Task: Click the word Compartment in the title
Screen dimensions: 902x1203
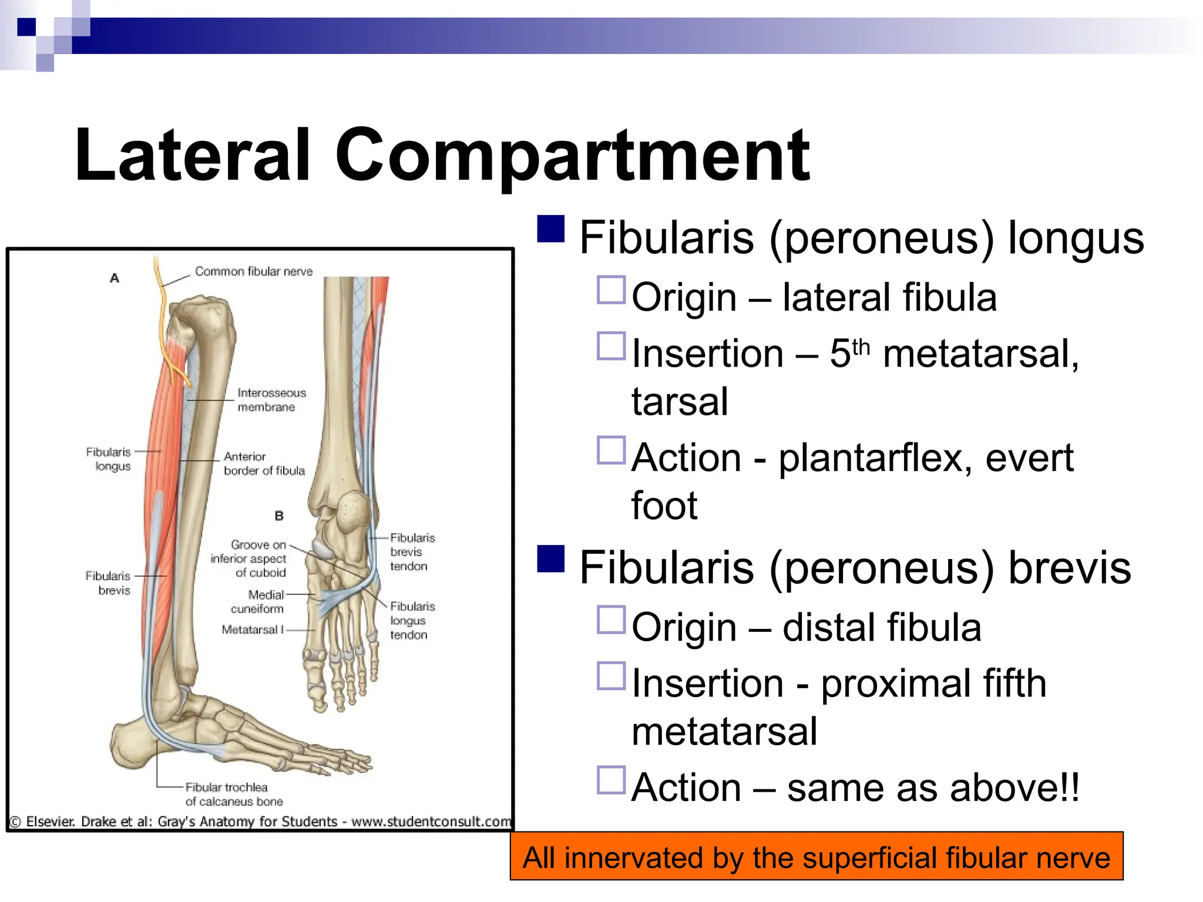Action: [x=573, y=156]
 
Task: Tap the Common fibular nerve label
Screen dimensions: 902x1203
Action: [x=254, y=271]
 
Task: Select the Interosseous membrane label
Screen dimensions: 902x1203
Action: [x=271, y=400]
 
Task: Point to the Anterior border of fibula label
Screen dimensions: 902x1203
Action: [x=264, y=464]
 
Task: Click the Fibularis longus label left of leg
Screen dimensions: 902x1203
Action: [x=109, y=459]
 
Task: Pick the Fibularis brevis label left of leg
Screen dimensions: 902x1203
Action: [x=109, y=583]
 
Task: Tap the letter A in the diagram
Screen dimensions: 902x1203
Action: [x=115, y=278]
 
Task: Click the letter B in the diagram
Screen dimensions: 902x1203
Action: [x=279, y=516]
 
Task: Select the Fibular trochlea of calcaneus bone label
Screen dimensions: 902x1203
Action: [x=233, y=795]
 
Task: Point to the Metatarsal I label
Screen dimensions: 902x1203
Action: [x=253, y=630]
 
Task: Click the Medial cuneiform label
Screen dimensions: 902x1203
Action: [x=258, y=602]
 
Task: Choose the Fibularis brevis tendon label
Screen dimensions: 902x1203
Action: [x=412, y=552]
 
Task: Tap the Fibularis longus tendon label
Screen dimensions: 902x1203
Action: [x=412, y=621]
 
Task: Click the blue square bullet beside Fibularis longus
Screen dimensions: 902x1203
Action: [x=551, y=229]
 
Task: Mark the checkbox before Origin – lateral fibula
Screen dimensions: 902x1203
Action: [x=611, y=290]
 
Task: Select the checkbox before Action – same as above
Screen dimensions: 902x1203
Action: [x=611, y=780]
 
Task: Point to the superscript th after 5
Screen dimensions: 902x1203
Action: [x=861, y=346]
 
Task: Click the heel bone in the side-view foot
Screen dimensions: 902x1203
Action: [x=132, y=746]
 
